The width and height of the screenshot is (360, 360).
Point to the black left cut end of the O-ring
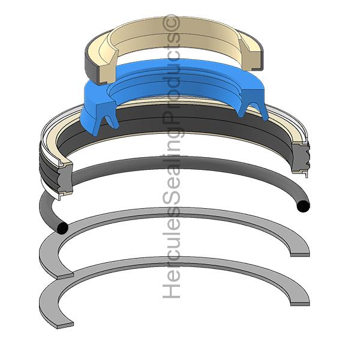61,229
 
